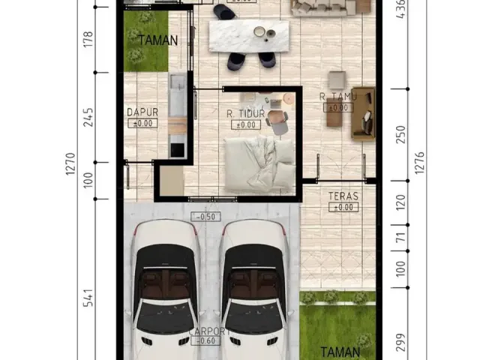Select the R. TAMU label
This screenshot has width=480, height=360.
point(337,97)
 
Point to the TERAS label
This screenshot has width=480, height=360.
point(343,196)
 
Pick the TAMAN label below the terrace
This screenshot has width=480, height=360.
point(339,351)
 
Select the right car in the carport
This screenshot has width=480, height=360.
point(253,289)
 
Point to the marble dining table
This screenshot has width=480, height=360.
point(247,34)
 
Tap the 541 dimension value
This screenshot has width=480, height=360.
point(88,298)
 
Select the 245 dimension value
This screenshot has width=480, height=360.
point(88,117)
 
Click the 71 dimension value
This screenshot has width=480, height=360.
point(400,238)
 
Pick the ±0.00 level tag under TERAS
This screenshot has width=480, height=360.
point(343,207)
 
